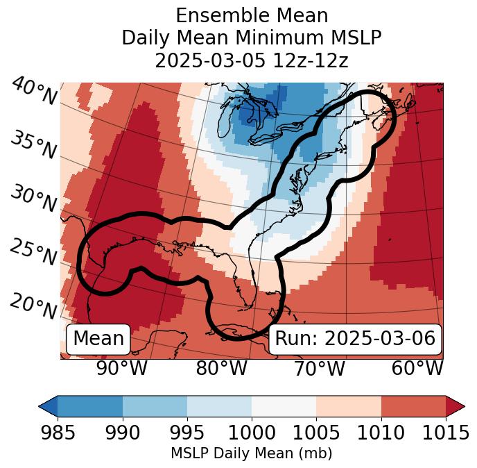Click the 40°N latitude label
click(34, 92)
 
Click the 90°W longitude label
click(122, 368)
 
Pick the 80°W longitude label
click(221, 368)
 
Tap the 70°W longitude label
click(320, 368)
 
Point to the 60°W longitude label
click(417, 368)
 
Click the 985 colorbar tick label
click(58, 433)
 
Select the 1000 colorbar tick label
click(252, 433)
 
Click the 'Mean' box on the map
click(98, 339)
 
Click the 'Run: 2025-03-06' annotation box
click(355, 339)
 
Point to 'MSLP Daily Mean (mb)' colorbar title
click(252, 454)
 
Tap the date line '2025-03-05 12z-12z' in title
click(252, 60)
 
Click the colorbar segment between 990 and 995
click(155, 406)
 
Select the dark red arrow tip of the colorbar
click(455, 406)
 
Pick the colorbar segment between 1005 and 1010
click(349, 406)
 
